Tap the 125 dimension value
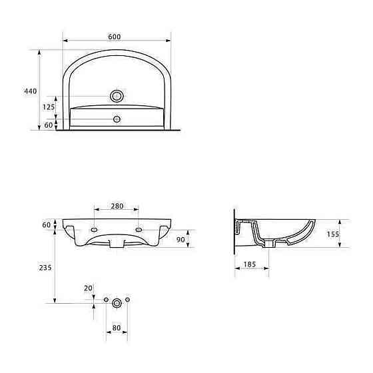48,107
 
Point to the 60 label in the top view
48,125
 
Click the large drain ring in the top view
117,96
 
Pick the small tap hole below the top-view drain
117,120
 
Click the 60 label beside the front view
47,225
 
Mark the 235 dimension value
45,268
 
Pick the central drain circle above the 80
117,302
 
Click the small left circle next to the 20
107,301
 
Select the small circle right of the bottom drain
128,301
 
